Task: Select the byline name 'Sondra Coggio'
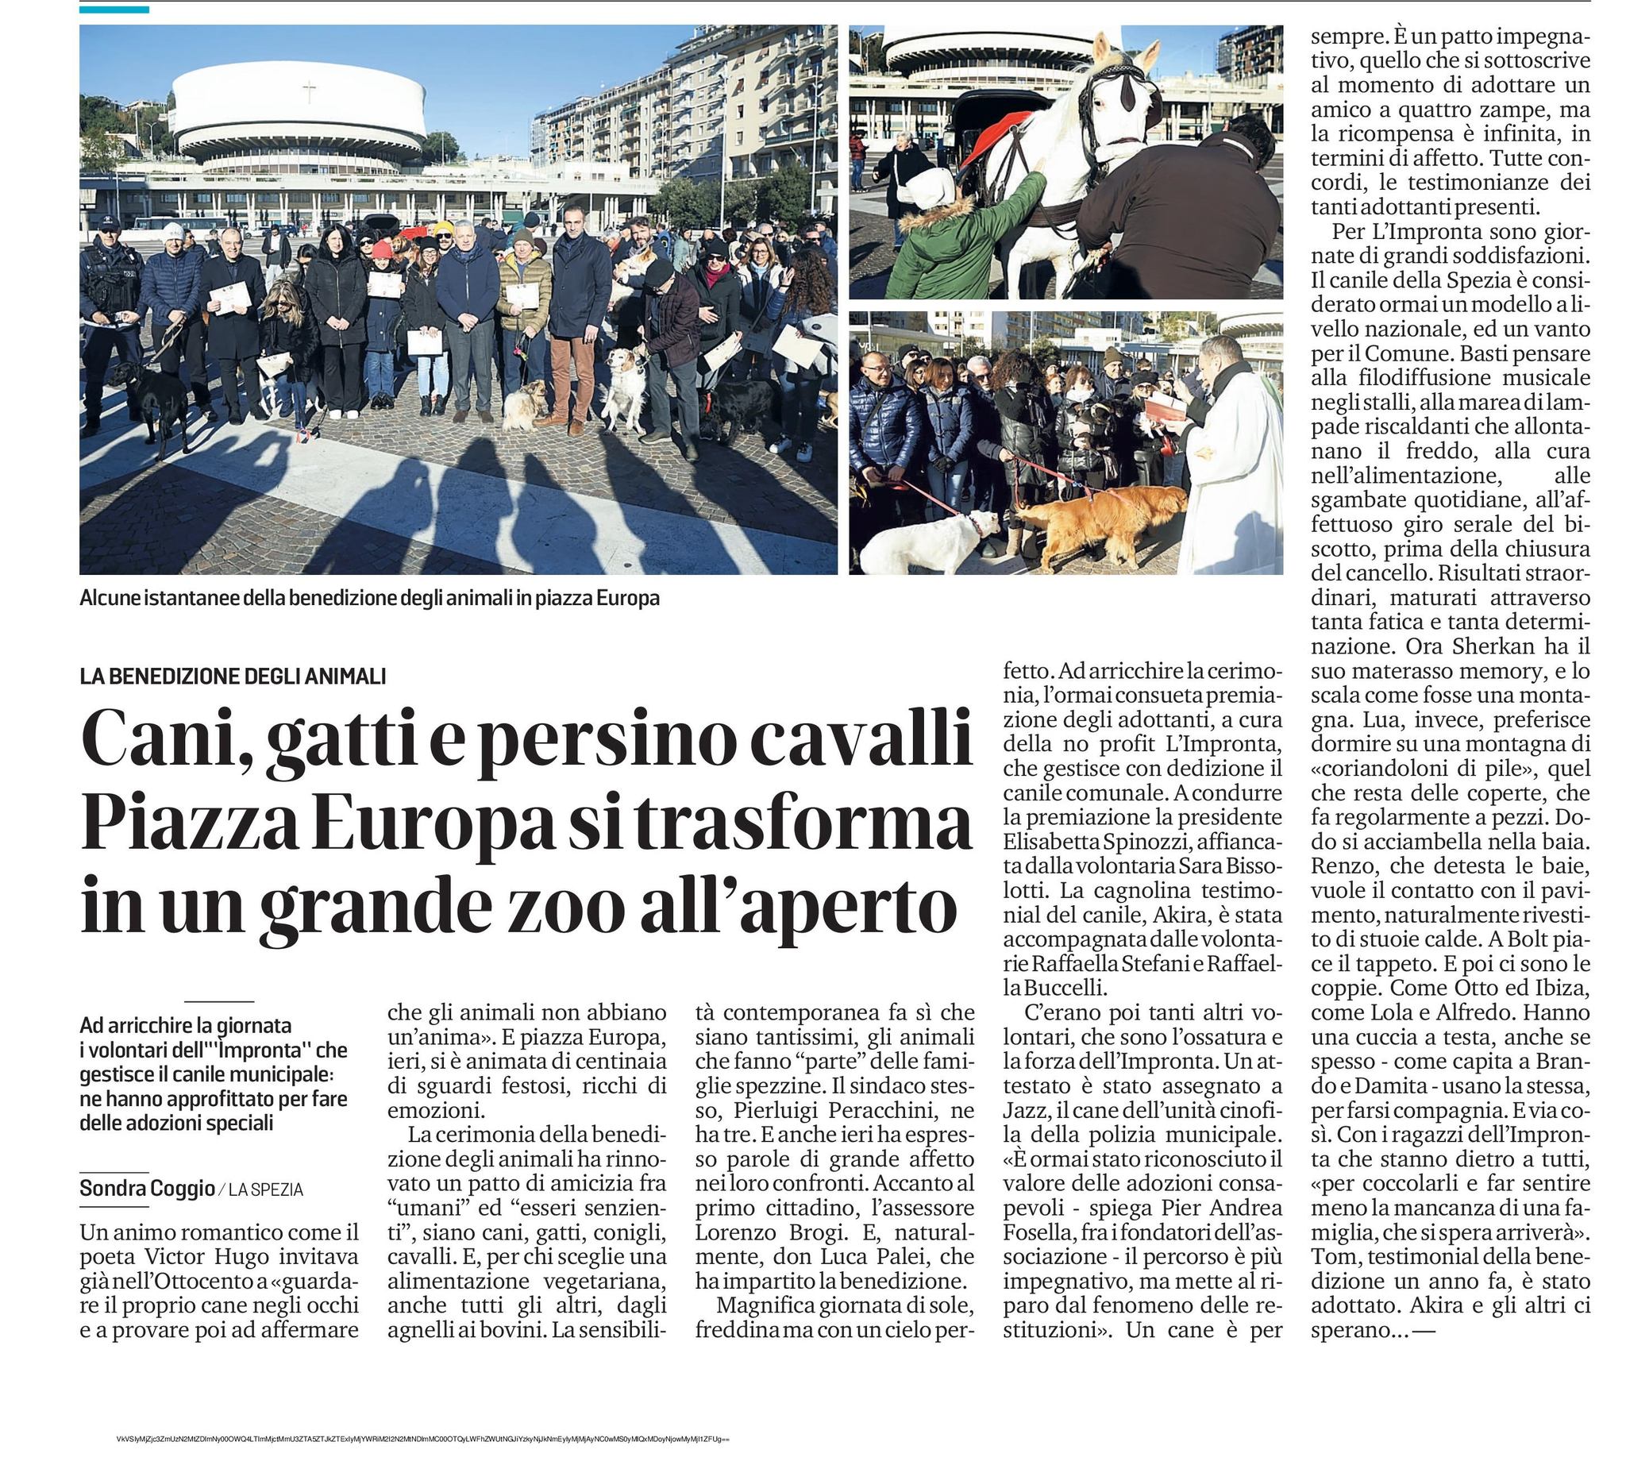pos(148,1188)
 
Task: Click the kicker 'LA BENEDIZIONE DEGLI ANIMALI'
pos(233,677)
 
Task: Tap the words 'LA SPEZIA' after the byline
pos(266,1189)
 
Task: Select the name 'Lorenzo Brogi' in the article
pos(746,1232)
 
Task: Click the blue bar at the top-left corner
pos(114,10)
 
